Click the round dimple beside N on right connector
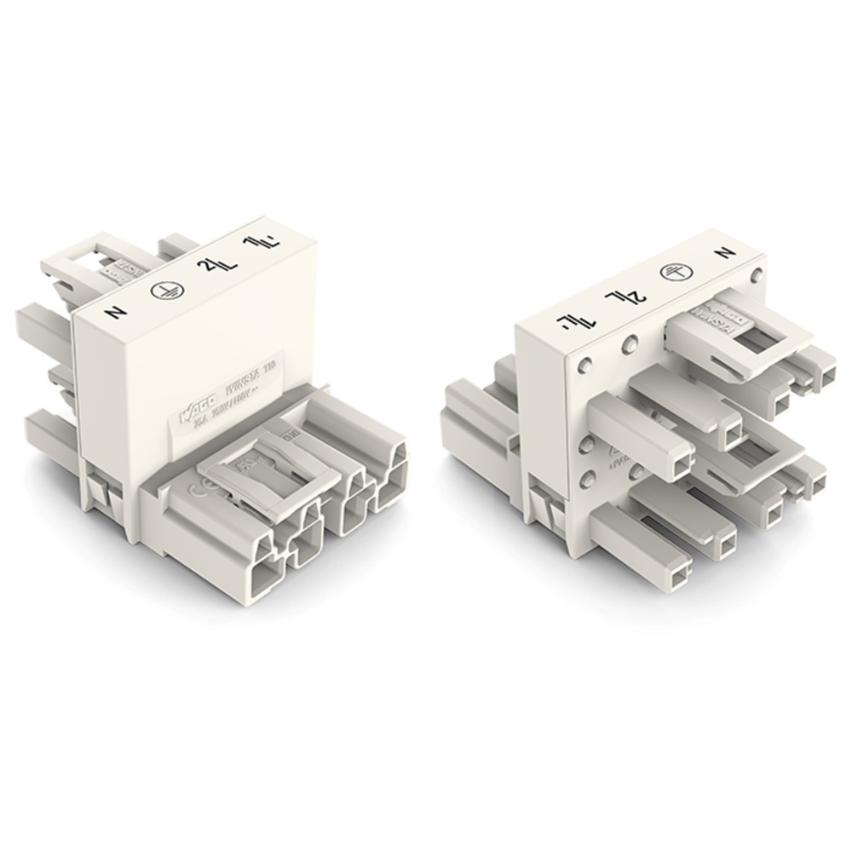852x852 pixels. click(756, 275)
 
